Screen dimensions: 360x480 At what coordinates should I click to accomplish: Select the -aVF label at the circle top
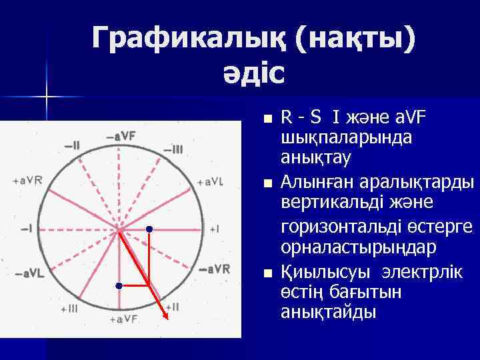[x=120, y=137]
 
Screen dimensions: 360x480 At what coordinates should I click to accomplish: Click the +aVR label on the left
[x=27, y=181]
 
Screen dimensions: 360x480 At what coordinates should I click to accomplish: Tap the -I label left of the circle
[x=27, y=228]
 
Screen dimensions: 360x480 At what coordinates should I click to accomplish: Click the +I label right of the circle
[x=214, y=228]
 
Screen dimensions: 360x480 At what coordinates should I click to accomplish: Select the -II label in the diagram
[x=72, y=145]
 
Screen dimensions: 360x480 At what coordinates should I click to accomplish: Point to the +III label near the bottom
[x=69, y=308]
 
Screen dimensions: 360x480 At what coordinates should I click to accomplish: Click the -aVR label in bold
[x=215, y=270]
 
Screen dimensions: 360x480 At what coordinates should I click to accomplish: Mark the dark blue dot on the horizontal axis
[x=149, y=229]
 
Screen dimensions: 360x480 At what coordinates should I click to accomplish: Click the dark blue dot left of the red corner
[x=118, y=285]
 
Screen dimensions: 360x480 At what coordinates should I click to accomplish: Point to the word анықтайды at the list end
[x=329, y=312]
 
